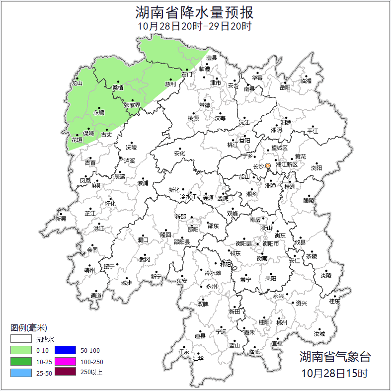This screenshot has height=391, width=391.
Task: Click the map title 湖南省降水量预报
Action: [x=195, y=12]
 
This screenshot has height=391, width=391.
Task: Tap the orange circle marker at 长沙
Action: [x=268, y=165]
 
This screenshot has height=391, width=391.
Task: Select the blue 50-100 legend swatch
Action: [x=65, y=351]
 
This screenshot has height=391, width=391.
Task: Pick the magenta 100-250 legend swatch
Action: [x=65, y=361]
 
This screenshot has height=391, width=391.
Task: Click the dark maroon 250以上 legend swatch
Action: [x=65, y=372]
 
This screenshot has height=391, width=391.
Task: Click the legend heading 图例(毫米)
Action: [x=28, y=328]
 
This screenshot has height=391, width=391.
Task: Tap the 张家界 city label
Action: [x=132, y=105]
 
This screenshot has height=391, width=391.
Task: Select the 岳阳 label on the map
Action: [x=285, y=87]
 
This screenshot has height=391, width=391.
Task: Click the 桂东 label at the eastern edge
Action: [x=334, y=301]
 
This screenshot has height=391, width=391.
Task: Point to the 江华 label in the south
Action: [x=198, y=358]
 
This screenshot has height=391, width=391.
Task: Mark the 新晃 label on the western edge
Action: [x=61, y=219]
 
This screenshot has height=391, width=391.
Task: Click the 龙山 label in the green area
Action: [x=76, y=83]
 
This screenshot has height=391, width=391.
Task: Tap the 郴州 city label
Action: [x=282, y=322]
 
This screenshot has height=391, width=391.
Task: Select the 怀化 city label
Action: [x=110, y=204]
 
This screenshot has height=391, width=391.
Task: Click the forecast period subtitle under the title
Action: [x=195, y=26]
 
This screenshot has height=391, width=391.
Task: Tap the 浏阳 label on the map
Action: [x=316, y=168]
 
